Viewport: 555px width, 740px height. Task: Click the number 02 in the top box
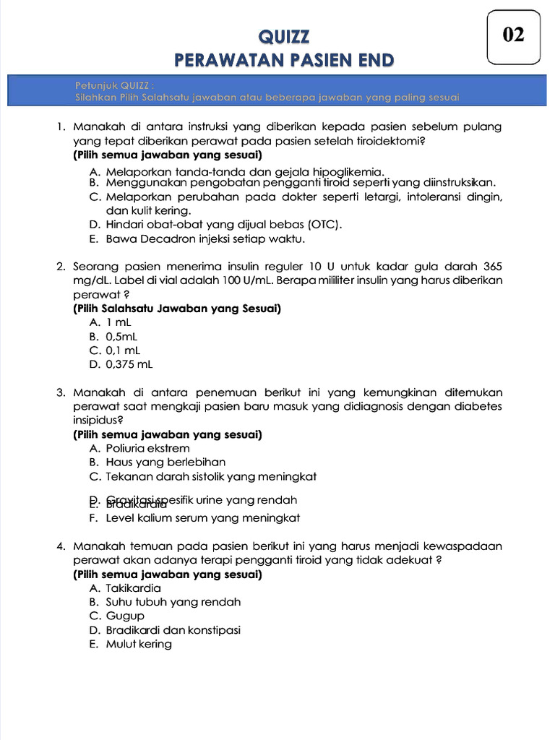[513, 35]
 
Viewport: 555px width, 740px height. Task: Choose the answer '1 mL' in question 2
[119, 323]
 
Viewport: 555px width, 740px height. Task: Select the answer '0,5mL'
[122, 337]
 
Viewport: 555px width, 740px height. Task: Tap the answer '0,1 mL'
[123, 350]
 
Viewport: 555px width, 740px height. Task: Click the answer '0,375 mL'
[129, 364]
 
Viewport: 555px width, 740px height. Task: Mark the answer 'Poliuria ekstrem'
[147, 449]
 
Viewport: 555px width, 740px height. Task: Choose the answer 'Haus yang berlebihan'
[165, 462]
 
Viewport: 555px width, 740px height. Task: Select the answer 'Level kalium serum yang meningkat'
[202, 518]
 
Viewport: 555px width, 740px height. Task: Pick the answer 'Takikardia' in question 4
[134, 588]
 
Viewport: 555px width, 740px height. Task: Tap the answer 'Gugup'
[125, 616]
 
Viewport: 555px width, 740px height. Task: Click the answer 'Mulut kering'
[139, 644]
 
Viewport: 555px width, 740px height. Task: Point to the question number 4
[60, 546]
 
